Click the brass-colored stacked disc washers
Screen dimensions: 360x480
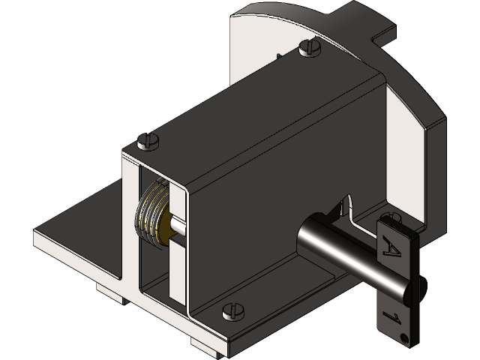152,214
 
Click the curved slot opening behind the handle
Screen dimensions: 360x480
346,204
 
